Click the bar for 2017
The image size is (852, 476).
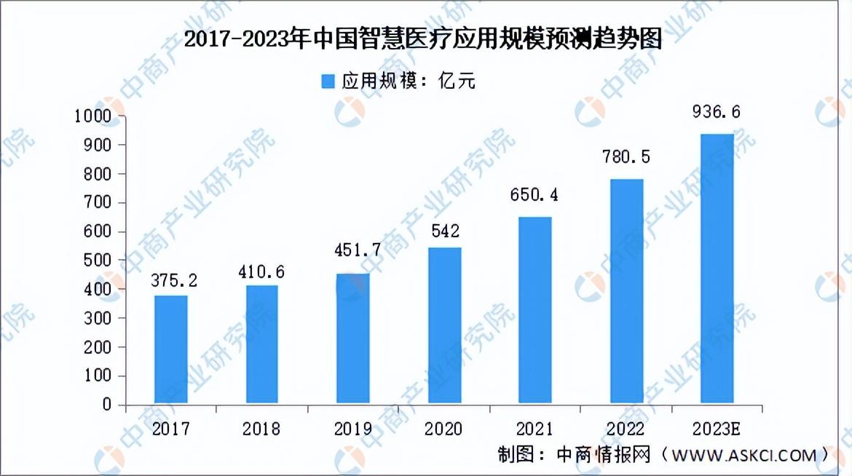[x=170, y=349]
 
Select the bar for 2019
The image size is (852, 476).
[x=352, y=338]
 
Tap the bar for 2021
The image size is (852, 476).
[x=535, y=310]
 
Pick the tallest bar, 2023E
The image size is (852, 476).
[x=717, y=269]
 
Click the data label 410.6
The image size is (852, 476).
[x=261, y=272]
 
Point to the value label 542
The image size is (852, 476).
[x=446, y=231]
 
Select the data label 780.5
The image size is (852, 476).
[x=626, y=157]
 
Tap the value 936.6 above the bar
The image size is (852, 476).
[x=716, y=112]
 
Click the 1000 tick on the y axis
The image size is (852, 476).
[x=92, y=116]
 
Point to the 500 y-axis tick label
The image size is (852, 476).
[x=98, y=261]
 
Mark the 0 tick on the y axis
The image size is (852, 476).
[x=106, y=404]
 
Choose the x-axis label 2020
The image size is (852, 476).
[x=443, y=429]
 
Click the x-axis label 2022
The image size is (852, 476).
[x=626, y=429]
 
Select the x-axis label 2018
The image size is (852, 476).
[x=261, y=429]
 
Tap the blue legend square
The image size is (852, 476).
[x=328, y=82]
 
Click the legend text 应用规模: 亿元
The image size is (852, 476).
[x=409, y=81]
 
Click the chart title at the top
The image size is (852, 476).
[x=423, y=39]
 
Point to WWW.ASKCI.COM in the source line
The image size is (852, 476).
[x=744, y=456]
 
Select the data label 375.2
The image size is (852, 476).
[x=174, y=280]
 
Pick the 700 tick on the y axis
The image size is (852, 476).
[x=98, y=202]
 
